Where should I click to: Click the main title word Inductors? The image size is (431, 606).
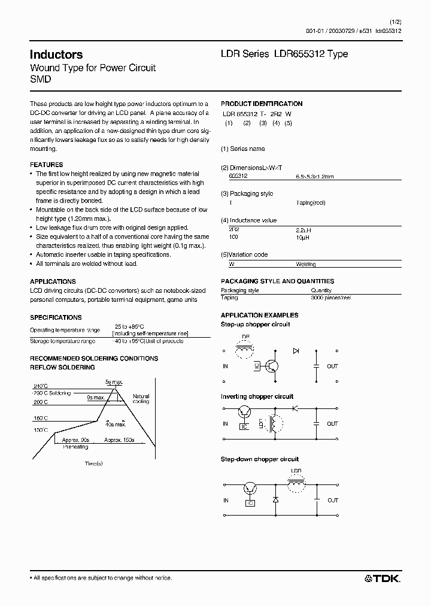click(56, 54)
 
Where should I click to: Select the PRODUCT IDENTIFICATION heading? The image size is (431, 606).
click(262, 104)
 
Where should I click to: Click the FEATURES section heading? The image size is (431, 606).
click(46, 165)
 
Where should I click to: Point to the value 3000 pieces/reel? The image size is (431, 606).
click(331, 298)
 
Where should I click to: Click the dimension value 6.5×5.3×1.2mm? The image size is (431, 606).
click(314, 177)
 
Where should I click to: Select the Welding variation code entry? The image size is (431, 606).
click(305, 264)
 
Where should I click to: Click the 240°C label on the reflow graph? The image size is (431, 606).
click(41, 386)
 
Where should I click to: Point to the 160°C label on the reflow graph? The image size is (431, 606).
click(41, 417)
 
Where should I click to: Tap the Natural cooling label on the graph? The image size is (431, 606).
click(141, 399)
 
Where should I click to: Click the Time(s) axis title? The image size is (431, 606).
click(93, 463)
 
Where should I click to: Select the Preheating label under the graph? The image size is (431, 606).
click(75, 446)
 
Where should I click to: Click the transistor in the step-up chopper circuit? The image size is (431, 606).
click(272, 366)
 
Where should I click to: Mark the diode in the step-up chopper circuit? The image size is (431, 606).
click(295, 350)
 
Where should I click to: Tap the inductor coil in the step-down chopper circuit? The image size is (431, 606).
click(296, 486)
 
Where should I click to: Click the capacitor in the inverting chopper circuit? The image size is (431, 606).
click(316, 423)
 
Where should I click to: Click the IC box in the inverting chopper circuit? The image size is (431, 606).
click(243, 426)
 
